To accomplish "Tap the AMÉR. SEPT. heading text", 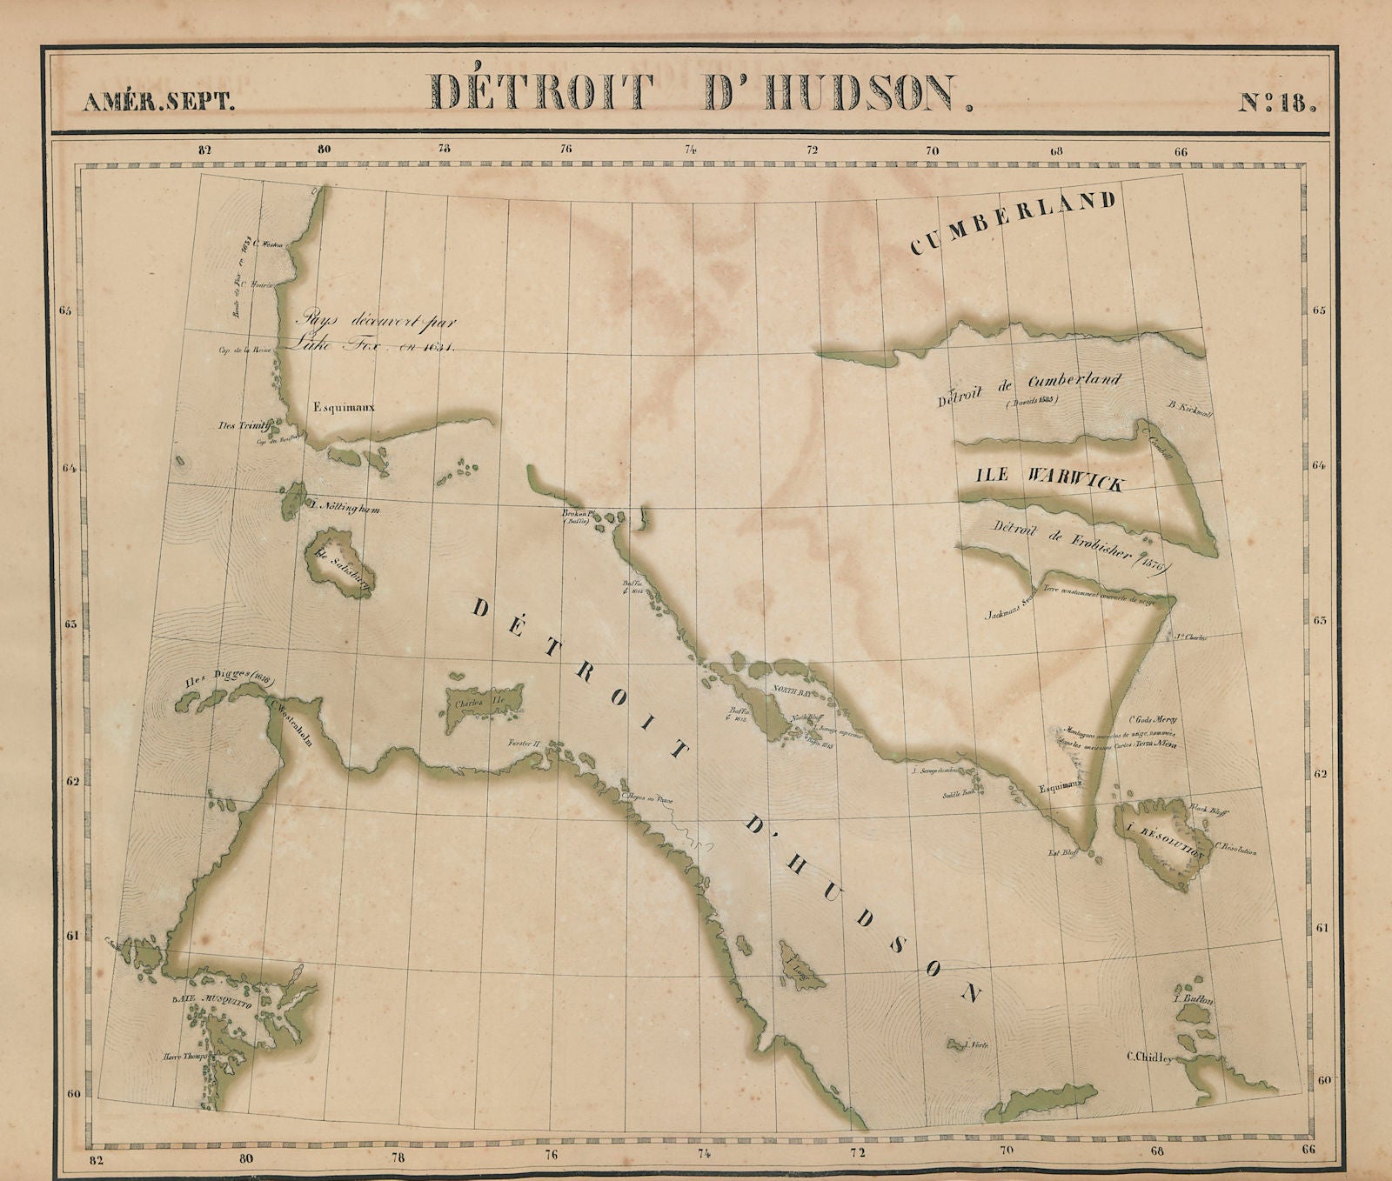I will [158, 102].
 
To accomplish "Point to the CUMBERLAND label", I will [1013, 223].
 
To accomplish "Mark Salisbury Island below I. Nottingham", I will [339, 569].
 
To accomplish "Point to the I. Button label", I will [1194, 1000].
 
